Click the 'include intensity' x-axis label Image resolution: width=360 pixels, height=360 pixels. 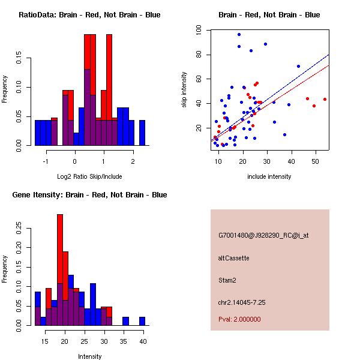pos(269,176)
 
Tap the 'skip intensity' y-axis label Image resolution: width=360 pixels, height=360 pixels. pos(185,89)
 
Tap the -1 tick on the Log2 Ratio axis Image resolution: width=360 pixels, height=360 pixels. pos(46,161)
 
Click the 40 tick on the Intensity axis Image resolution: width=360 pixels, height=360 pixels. pos(143,341)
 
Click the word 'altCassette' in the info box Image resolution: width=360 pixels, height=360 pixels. pos(234,258)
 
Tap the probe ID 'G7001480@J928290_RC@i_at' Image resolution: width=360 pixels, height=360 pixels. pos(263,236)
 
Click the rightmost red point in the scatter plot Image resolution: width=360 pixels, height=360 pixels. pos(325,99)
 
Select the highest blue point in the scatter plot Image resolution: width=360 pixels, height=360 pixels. pos(239,35)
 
